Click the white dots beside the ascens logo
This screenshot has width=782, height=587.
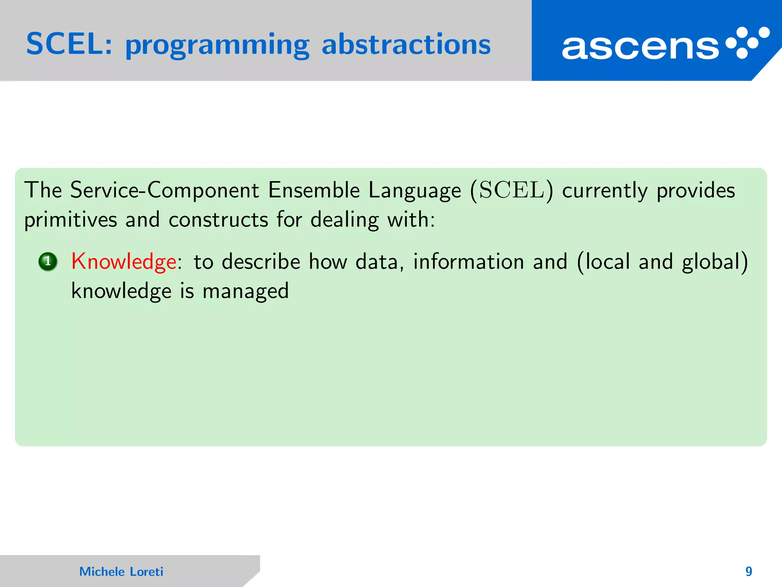click(x=748, y=42)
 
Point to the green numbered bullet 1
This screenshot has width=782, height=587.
click(x=48, y=262)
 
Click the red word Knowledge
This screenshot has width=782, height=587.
click(x=124, y=262)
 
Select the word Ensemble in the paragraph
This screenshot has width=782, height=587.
click(x=314, y=190)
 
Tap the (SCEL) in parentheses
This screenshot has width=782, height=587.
click(x=512, y=190)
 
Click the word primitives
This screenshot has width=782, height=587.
click(x=71, y=220)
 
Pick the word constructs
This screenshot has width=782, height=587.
click(x=218, y=220)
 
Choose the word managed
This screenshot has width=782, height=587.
click(x=246, y=291)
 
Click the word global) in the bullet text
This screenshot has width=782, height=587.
click(x=715, y=262)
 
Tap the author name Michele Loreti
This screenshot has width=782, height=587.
click(x=121, y=571)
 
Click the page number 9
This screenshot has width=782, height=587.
click(x=748, y=571)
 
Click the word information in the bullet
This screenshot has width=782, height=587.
click(x=469, y=262)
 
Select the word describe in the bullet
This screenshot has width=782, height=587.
click(x=261, y=262)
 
